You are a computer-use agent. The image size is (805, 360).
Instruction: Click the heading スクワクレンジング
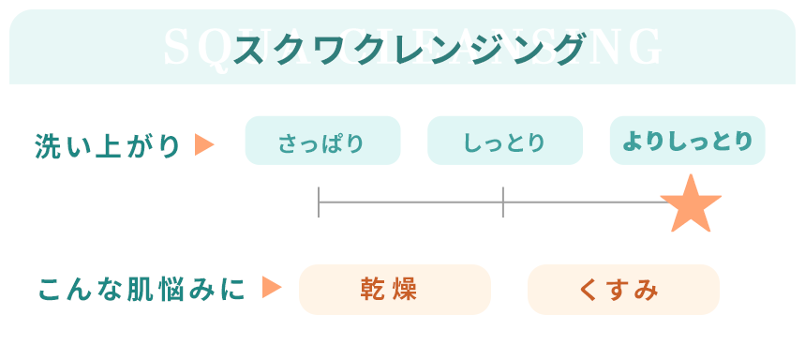coord(404,48)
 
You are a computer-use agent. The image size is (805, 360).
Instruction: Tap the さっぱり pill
coord(322,143)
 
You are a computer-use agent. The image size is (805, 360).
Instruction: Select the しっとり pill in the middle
coord(504,143)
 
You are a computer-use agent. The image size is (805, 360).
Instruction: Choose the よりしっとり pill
coord(687,142)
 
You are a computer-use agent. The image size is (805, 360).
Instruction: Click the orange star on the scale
coord(691,204)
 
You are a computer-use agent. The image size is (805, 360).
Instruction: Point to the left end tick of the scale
coord(320,202)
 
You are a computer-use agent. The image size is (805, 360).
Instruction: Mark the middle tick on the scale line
coord(503,202)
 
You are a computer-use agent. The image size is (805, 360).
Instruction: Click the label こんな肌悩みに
coord(142,290)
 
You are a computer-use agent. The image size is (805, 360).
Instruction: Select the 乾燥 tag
coord(395,290)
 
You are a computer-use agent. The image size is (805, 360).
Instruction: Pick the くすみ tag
coord(623,290)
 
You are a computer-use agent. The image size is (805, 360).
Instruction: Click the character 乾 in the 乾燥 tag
coord(376,290)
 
